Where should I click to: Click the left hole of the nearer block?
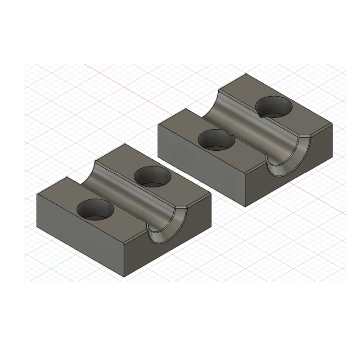point(96,210)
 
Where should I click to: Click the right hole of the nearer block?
point(154,176)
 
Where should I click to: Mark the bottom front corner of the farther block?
point(245,207)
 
